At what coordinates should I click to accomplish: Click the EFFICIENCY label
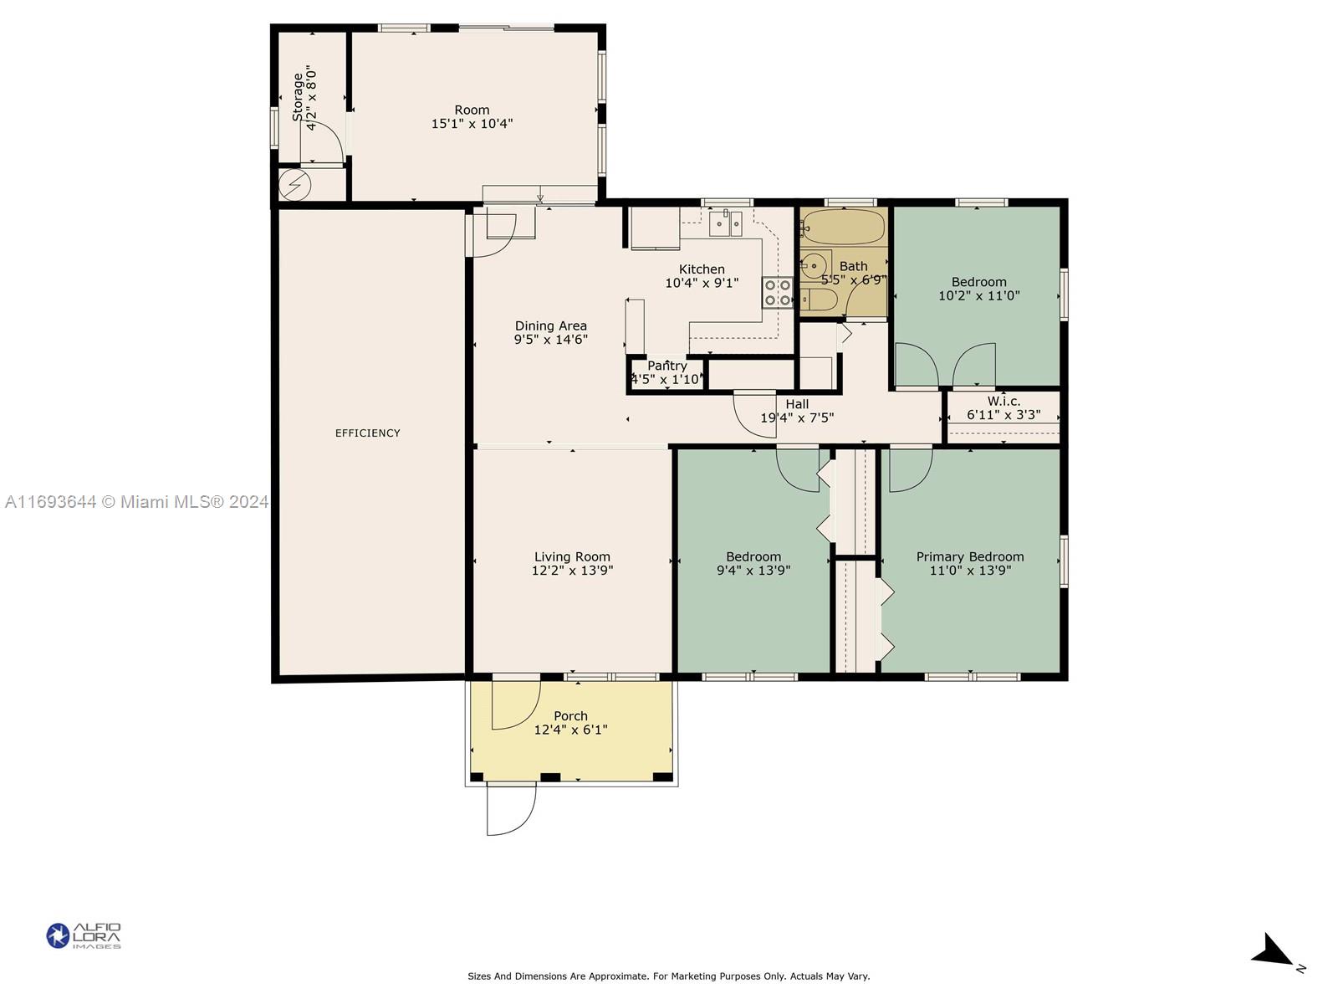368,433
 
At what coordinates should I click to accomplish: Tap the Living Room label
572,556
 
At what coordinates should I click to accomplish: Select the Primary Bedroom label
970,556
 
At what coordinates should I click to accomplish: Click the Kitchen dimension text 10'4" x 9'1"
702,283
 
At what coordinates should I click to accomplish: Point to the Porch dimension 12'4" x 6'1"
570,730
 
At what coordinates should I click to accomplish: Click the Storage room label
298,98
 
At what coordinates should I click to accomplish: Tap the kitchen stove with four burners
778,293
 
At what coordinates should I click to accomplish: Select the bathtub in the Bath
843,228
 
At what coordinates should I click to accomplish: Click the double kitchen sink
725,223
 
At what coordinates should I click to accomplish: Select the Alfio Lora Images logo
84,935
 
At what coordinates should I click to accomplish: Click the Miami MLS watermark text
136,502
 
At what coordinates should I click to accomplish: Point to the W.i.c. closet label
1004,401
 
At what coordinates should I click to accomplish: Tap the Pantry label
666,366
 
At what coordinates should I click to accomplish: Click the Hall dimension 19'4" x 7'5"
797,417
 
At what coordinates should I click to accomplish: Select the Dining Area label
550,325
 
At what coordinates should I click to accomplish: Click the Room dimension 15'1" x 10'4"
472,124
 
